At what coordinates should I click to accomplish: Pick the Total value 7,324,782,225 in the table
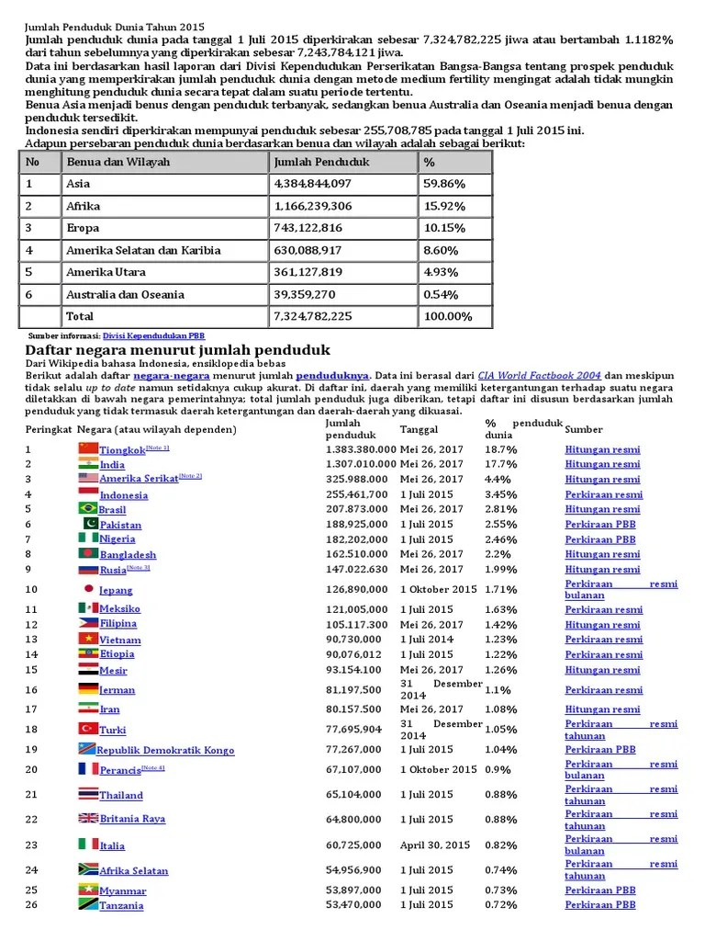pos(313,316)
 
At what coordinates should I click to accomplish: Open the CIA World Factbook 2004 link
pos(541,376)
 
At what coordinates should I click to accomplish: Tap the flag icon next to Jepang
pos(88,589)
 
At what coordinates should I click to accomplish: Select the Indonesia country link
pos(123,495)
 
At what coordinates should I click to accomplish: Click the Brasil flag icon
pos(88,508)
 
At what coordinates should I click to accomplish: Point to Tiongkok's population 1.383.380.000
pos(361,449)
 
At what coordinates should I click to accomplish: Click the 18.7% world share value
pos(500,449)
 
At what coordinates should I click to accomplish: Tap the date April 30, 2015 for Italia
pos(434,845)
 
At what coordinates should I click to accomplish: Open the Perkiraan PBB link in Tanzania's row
pos(600,905)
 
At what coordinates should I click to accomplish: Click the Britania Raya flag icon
pos(88,818)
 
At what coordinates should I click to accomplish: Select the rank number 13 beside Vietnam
pos(31,639)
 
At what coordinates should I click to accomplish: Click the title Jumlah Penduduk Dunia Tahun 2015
pos(116,28)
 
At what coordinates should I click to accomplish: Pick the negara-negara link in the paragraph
pos(172,376)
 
